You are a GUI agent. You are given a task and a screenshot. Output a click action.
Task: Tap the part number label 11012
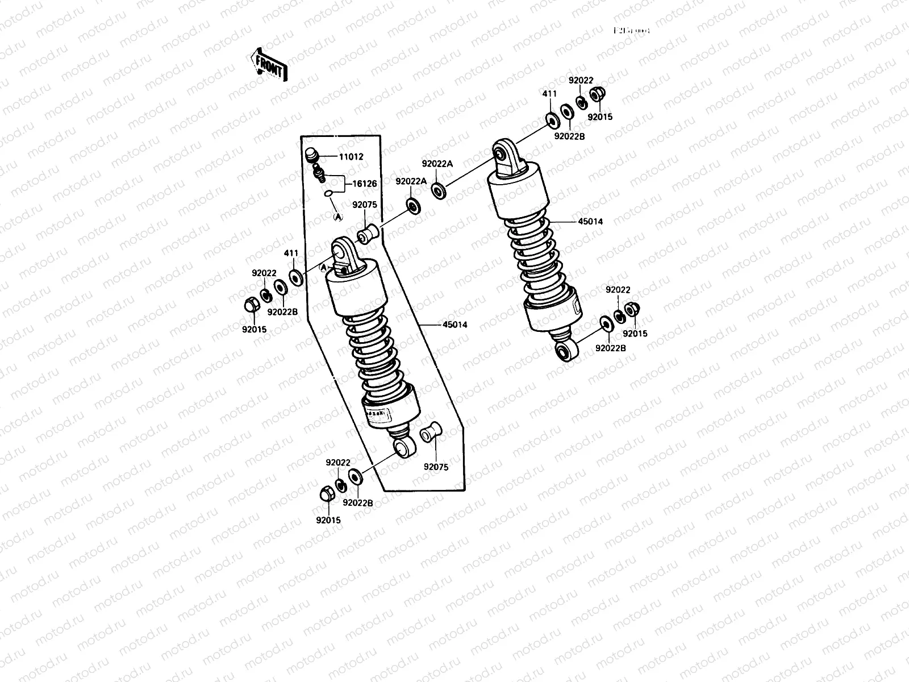tap(352, 157)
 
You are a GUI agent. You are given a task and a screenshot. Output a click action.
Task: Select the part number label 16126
tap(365, 184)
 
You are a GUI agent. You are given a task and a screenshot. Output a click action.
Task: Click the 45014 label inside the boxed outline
tap(455, 325)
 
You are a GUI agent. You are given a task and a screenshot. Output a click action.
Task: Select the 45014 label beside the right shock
tap(591, 222)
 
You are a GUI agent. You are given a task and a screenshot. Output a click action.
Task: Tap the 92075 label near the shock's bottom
tap(436, 467)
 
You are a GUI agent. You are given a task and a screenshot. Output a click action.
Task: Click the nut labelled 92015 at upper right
tap(597, 94)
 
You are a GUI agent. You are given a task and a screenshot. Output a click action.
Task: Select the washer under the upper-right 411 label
tap(551, 120)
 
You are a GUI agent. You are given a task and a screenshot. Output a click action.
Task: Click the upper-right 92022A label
tap(437, 164)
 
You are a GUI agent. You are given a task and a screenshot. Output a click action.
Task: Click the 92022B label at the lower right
tap(611, 348)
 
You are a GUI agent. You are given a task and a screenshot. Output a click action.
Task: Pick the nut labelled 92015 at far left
tap(250, 306)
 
